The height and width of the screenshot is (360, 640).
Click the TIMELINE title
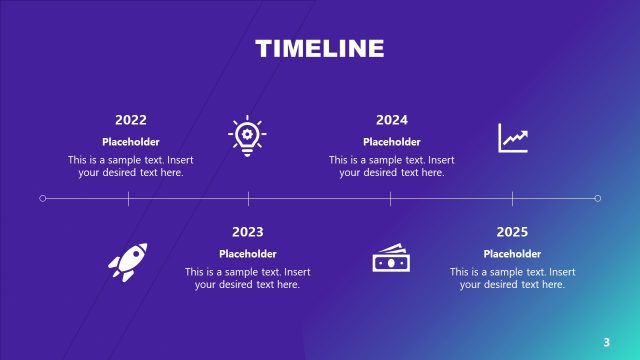click(319, 48)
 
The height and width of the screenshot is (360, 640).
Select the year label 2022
click(130, 120)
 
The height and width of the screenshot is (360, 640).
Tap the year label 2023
click(247, 232)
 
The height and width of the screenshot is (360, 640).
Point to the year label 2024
click(391, 120)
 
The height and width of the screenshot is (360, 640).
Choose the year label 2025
click(512, 232)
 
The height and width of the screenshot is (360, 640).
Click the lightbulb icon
click(247, 137)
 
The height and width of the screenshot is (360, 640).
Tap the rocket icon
click(128, 261)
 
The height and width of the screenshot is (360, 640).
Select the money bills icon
click(391, 258)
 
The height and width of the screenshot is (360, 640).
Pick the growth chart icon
click(513, 137)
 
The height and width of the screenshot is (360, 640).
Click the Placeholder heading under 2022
click(130, 142)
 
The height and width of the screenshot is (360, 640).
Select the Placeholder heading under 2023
click(247, 254)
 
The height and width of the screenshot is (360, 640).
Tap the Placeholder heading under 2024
click(391, 142)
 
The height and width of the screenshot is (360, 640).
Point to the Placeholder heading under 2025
click(512, 254)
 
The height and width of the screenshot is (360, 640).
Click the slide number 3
click(606, 342)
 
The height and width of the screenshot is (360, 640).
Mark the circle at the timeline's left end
click(42, 198)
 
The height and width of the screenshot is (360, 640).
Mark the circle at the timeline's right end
click(597, 198)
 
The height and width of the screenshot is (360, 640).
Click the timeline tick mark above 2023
click(248, 198)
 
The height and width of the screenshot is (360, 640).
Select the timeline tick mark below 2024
click(391, 198)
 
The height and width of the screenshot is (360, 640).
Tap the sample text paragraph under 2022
click(130, 166)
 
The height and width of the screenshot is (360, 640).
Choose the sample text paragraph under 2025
click(512, 278)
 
